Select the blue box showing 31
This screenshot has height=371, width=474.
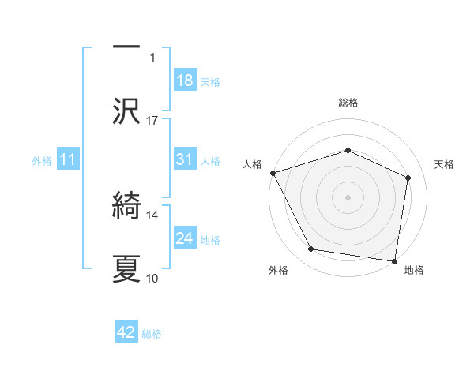(x=184, y=160)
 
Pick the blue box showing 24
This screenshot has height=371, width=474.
(x=184, y=238)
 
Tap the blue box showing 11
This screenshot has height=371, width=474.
(x=68, y=160)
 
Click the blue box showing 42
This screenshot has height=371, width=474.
(x=126, y=333)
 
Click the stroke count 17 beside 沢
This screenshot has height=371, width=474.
(x=152, y=120)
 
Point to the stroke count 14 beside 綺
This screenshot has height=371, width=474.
(x=152, y=215)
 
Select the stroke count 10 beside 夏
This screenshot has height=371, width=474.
(x=152, y=278)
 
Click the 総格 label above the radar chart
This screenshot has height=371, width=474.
(x=348, y=103)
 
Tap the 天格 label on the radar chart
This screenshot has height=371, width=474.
(x=445, y=164)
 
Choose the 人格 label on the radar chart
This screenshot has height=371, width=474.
(x=252, y=164)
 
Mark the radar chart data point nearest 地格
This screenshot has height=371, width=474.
(x=394, y=260)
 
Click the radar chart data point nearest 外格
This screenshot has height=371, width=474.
(x=311, y=249)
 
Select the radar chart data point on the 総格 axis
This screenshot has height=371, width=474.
(x=348, y=150)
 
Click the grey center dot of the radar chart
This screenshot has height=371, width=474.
(x=348, y=197)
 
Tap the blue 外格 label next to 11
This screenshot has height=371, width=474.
(x=42, y=161)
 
